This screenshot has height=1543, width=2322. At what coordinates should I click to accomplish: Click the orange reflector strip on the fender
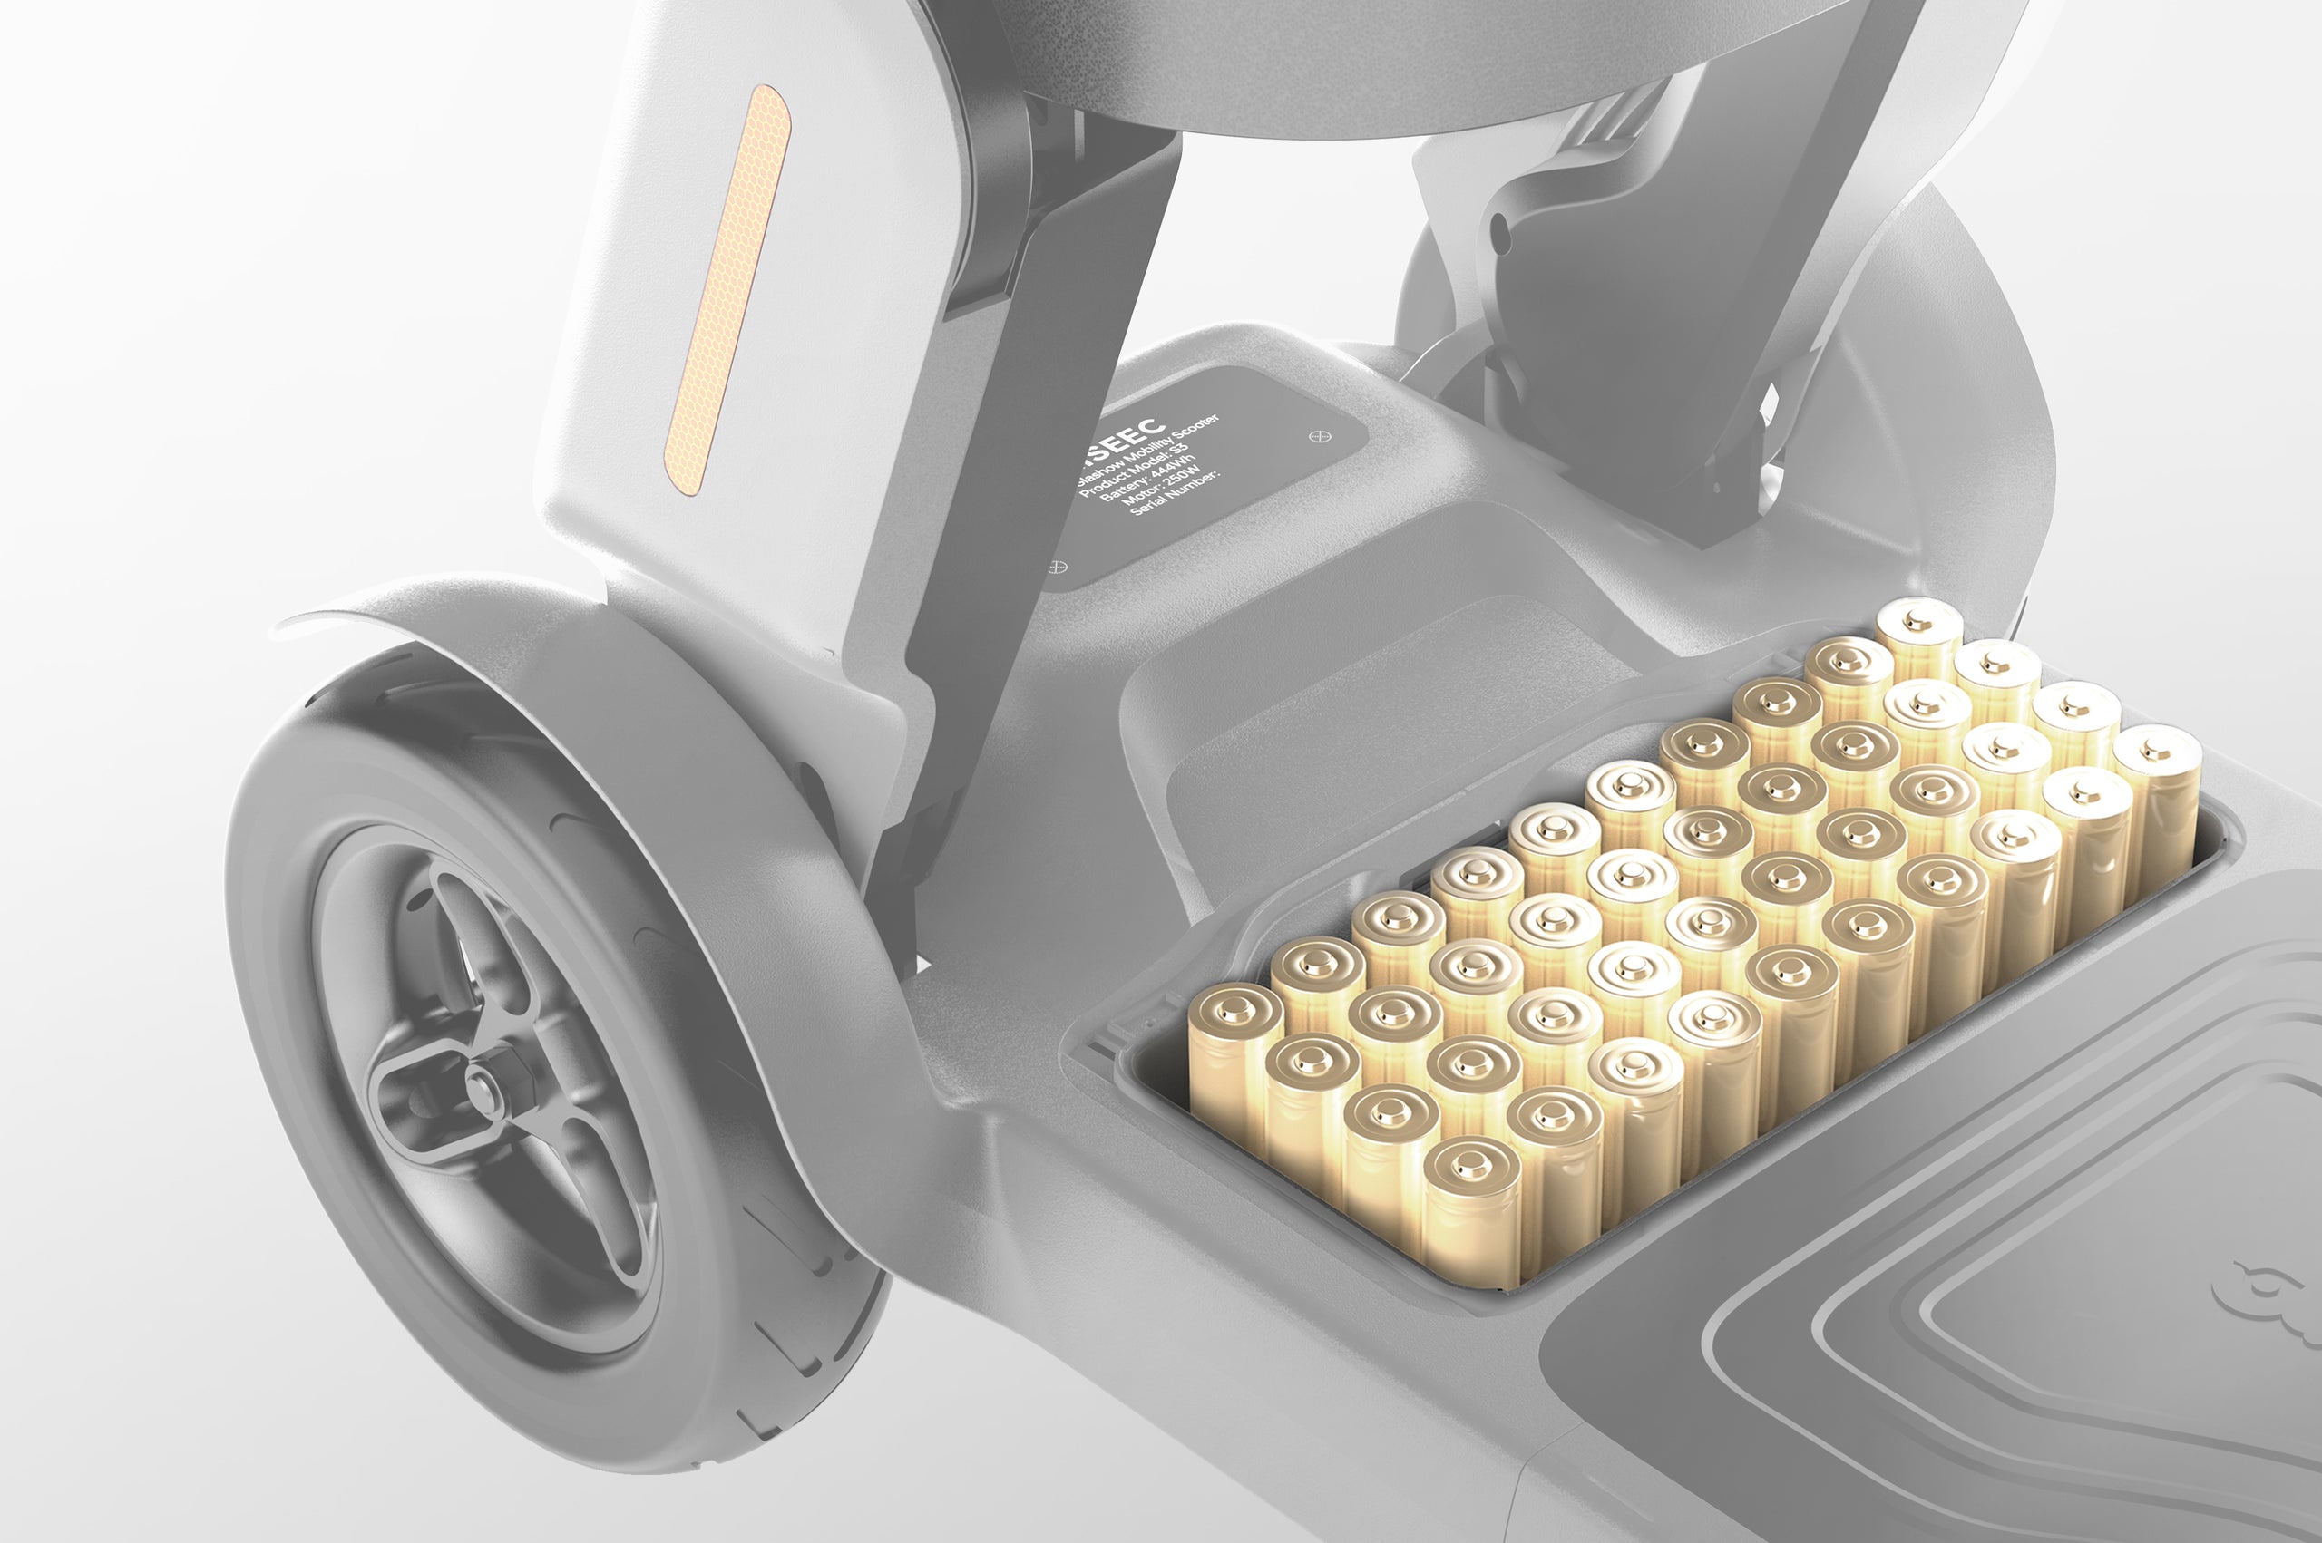727,291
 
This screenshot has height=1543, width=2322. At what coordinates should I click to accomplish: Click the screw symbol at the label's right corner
1319,437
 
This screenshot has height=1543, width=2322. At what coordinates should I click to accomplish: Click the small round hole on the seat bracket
1499,233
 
